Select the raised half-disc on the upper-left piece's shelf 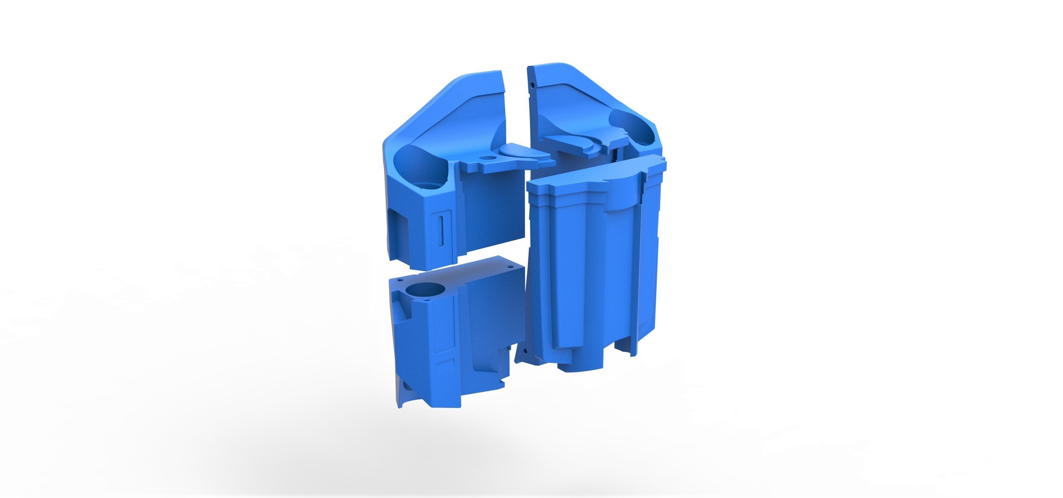click(518, 150)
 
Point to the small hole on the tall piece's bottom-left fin click(525, 351)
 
